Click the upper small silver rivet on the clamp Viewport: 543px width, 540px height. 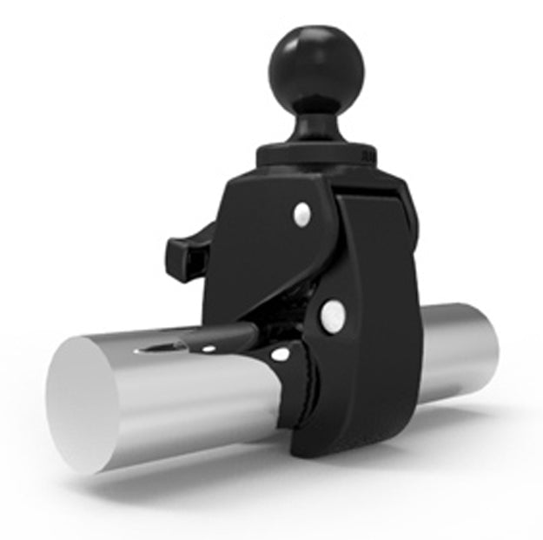301,212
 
